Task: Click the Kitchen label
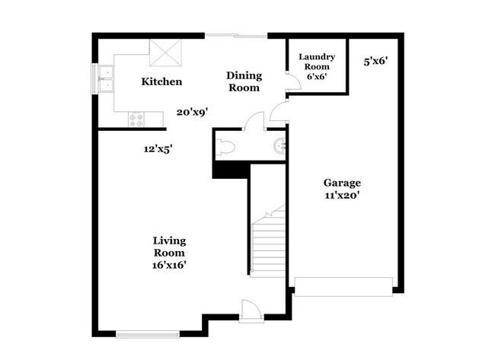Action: click(x=161, y=81)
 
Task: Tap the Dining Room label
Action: click(x=244, y=81)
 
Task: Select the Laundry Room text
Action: click(x=317, y=66)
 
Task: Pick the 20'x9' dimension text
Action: click(x=192, y=111)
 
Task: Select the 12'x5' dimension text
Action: click(x=158, y=149)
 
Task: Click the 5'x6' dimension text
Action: click(x=376, y=61)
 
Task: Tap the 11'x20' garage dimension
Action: click(x=342, y=195)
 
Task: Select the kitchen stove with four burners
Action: click(x=136, y=118)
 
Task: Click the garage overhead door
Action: click(x=343, y=286)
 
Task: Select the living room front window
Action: click(x=148, y=333)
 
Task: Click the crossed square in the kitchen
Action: click(x=165, y=53)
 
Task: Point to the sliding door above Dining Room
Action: click(x=235, y=35)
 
